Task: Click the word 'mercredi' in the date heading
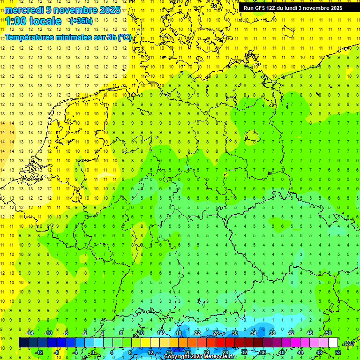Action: [x=24, y=10]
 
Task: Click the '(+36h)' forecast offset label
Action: [x=81, y=21]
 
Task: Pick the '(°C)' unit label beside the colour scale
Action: [x=348, y=343]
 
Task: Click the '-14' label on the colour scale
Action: [x=30, y=333]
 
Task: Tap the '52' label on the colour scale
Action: [x=338, y=352]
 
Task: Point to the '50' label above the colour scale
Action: [x=328, y=333]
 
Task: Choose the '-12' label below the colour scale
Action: [x=39, y=352]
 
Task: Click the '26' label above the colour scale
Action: [x=216, y=333]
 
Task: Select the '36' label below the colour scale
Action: [x=263, y=352]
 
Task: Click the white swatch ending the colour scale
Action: [x=333, y=343]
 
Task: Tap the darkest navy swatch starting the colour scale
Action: [x=23, y=343]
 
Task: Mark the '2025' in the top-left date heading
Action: [x=110, y=10]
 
